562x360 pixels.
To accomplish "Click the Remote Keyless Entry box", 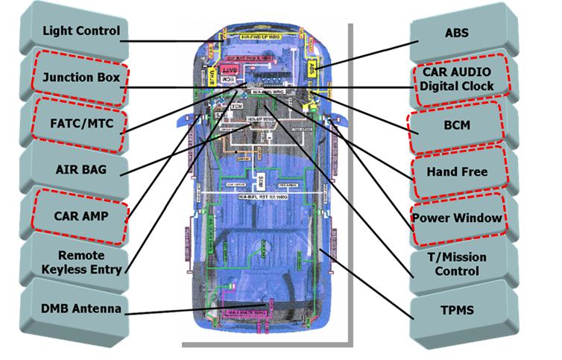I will click(x=79, y=262).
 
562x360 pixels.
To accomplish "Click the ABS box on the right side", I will click(x=457, y=33).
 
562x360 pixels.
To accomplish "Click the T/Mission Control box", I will click(x=458, y=264).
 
